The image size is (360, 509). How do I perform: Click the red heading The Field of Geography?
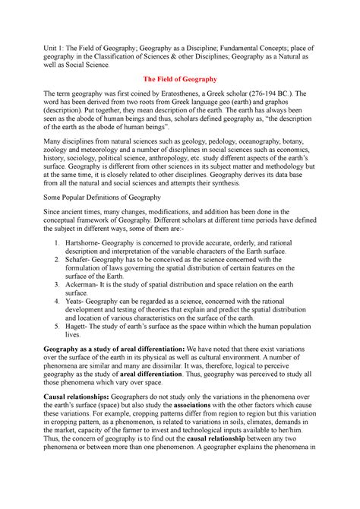point(180,79)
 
